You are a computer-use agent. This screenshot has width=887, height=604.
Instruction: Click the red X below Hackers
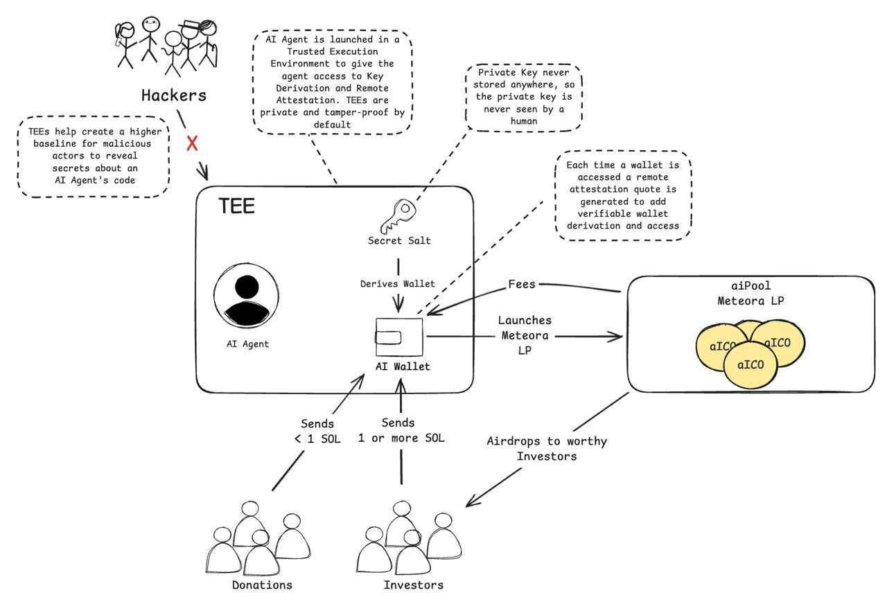pyautogui.click(x=193, y=143)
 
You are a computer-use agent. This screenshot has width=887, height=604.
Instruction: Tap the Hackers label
pyautogui.click(x=174, y=96)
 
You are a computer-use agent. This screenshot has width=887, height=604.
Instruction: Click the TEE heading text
pyautogui.click(x=236, y=206)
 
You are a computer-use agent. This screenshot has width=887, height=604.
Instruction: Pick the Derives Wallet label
pyautogui.click(x=398, y=283)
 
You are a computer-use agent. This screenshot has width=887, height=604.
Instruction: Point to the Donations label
pyautogui.click(x=262, y=585)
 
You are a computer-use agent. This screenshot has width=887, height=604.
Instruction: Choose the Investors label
pyautogui.click(x=414, y=585)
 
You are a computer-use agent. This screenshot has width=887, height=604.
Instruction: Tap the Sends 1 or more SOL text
pyautogui.click(x=401, y=430)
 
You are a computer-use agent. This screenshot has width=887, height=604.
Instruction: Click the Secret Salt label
pyautogui.click(x=398, y=240)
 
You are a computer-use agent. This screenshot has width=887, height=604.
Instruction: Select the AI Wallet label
pyautogui.click(x=402, y=366)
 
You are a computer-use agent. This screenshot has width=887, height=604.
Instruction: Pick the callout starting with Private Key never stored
pyautogui.click(x=523, y=97)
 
